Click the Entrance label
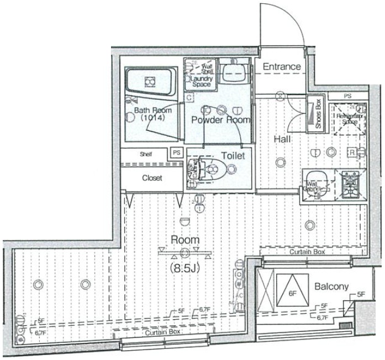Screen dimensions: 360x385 click(282, 67)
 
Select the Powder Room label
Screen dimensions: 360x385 click(220, 119)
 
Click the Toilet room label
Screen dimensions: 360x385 click(233, 156)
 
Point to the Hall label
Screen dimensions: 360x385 click(282, 139)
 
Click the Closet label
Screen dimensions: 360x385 click(152, 178)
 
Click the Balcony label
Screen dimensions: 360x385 click(331, 287)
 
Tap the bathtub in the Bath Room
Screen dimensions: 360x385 click(149, 82)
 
